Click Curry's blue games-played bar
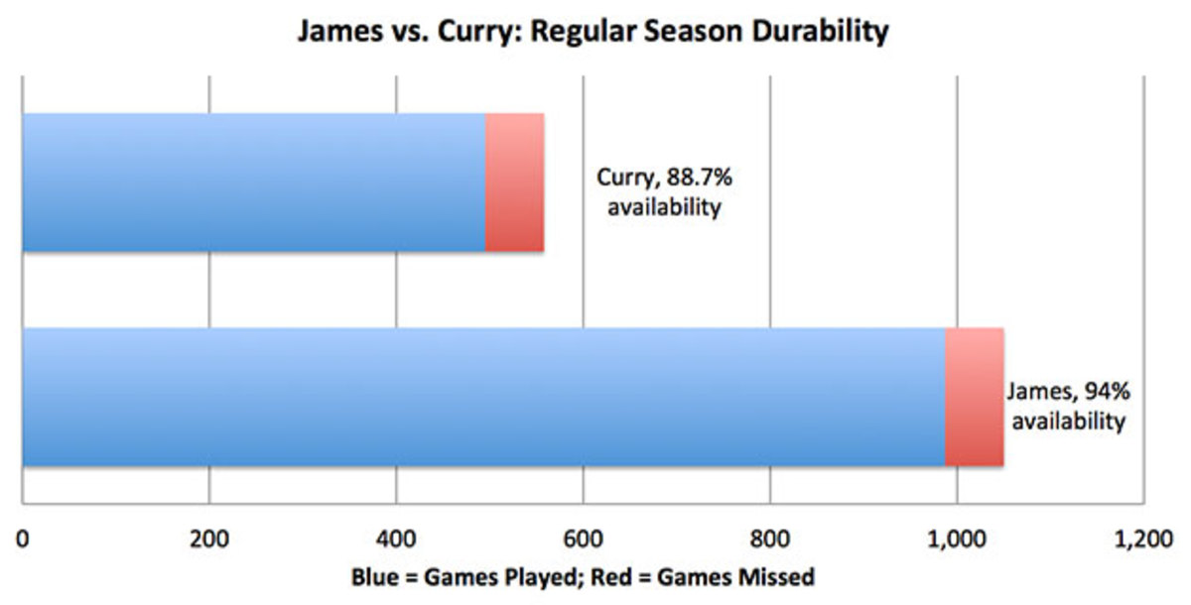pyautogui.click(x=253, y=182)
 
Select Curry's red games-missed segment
pyautogui.click(x=514, y=182)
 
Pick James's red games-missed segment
pyautogui.click(x=974, y=397)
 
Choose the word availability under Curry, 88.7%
pyautogui.click(x=659, y=209)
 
